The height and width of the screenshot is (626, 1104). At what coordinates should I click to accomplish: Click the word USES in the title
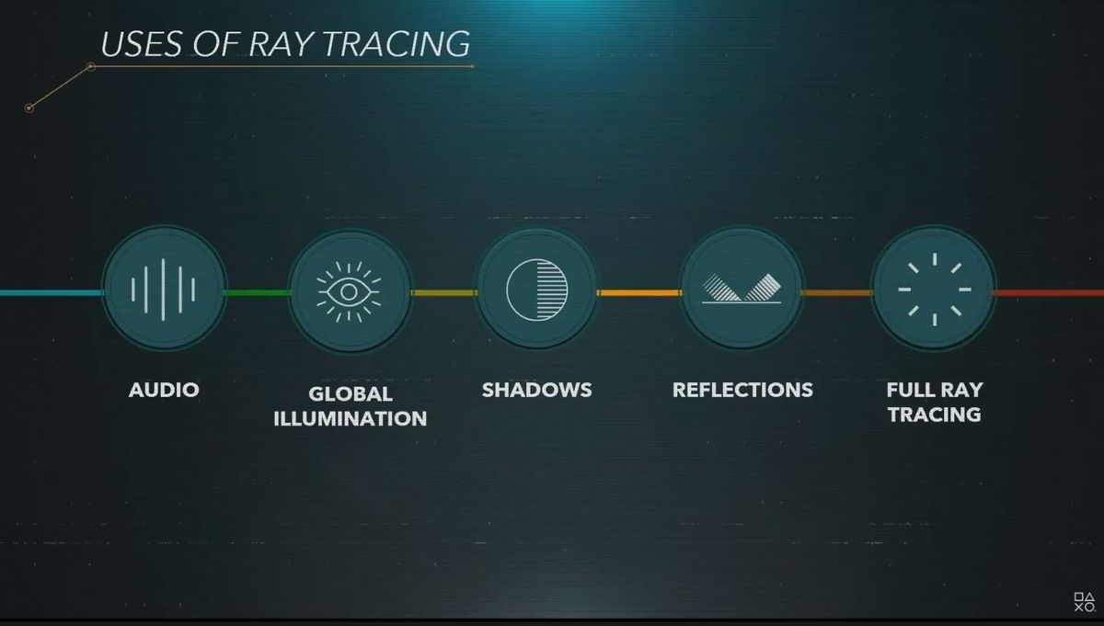coord(141,44)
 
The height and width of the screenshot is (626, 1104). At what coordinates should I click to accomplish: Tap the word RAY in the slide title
coord(281,44)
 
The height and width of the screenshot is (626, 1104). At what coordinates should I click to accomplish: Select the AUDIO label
coord(164,390)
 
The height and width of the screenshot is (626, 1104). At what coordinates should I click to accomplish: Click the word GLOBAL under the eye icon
coord(351,394)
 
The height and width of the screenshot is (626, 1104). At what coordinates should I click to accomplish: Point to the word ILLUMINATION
coord(351,418)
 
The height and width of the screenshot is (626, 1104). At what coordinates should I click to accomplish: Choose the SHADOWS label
coord(536,390)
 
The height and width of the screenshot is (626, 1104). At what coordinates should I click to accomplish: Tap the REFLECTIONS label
coord(742,390)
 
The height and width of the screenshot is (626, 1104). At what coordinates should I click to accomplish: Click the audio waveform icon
coord(163,290)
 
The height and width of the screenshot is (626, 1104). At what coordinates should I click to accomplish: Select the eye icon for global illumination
coord(349,292)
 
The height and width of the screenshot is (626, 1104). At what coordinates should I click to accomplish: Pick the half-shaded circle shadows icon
coord(536,290)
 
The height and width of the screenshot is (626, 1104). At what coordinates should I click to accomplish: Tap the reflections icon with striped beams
coord(742,289)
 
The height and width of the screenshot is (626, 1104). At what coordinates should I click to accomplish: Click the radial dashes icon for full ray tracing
coord(935,290)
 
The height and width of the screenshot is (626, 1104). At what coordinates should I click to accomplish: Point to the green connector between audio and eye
coord(257,293)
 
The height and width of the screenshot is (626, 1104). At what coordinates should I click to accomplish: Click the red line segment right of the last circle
coord(1048,293)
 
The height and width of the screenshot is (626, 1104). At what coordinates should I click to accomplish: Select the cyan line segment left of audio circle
coord(52,293)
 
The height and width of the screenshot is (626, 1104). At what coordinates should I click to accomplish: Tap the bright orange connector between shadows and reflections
coord(639,293)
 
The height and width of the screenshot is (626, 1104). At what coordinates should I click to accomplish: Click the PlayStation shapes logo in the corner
coord(1085,602)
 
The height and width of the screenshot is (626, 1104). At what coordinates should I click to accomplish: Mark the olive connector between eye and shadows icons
coord(444,293)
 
